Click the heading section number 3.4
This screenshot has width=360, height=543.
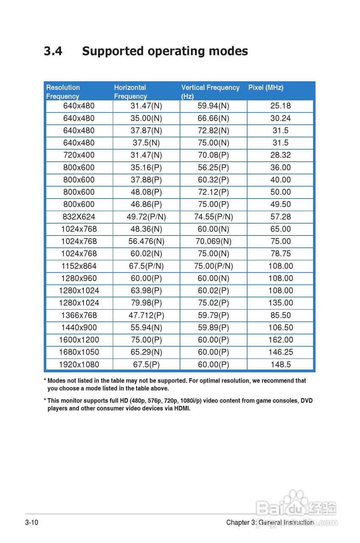click(x=53, y=51)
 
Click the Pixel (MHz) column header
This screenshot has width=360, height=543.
click(x=266, y=87)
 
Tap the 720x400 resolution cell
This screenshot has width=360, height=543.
click(x=79, y=155)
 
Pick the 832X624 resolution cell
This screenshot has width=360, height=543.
click(x=79, y=217)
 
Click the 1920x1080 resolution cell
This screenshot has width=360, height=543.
click(x=79, y=364)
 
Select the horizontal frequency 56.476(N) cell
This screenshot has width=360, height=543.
click(x=146, y=241)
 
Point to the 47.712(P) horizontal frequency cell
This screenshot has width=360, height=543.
click(x=146, y=315)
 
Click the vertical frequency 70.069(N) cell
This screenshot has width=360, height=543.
click(x=213, y=241)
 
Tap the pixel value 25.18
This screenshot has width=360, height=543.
click(x=281, y=106)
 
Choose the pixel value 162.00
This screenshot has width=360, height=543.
click(x=281, y=340)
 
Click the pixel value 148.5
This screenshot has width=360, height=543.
click(x=281, y=364)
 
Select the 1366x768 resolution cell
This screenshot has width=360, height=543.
click(x=79, y=315)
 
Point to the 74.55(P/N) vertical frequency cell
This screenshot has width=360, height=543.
click(x=213, y=217)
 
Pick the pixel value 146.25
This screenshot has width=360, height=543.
click(x=281, y=352)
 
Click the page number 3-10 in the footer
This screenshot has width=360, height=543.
click(x=32, y=522)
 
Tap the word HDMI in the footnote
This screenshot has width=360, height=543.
click(x=181, y=409)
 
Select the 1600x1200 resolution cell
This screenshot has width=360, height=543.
click(x=79, y=340)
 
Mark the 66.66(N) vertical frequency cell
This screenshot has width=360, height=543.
click(x=213, y=118)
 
